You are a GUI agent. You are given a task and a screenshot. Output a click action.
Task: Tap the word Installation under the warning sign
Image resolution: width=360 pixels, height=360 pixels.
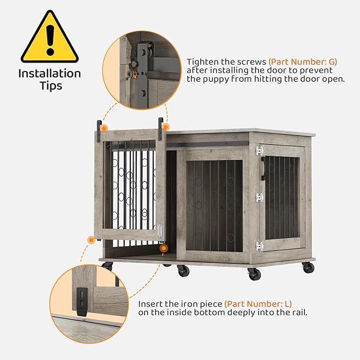pos(49,74)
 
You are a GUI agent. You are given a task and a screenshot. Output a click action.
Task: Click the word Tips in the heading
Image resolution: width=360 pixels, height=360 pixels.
pos(49,86)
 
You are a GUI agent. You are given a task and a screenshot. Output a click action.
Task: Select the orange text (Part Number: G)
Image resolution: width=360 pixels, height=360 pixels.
pos(303,62)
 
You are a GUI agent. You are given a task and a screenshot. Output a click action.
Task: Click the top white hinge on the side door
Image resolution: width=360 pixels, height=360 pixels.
pos(259,151)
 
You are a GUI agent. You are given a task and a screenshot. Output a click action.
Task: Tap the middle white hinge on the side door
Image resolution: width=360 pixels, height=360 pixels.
pos(259,198)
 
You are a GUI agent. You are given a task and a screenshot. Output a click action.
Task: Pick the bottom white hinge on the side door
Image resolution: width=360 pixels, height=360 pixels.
pos(259,246)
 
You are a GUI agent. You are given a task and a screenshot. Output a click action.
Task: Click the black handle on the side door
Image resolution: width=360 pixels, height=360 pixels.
pos(263,169)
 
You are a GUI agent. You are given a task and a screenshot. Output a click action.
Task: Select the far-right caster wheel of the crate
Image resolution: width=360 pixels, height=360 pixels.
pos(309,268)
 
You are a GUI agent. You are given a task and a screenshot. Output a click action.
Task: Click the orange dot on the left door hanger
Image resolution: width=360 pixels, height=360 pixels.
pos(104,128)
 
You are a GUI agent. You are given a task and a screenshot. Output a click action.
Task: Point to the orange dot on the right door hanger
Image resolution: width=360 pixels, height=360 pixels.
pos(165,127)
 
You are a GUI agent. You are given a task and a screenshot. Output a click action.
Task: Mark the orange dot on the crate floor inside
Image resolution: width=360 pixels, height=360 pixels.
pos(164,248)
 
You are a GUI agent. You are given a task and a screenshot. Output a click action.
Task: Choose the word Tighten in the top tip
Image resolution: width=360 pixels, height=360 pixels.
pos(204,62)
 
